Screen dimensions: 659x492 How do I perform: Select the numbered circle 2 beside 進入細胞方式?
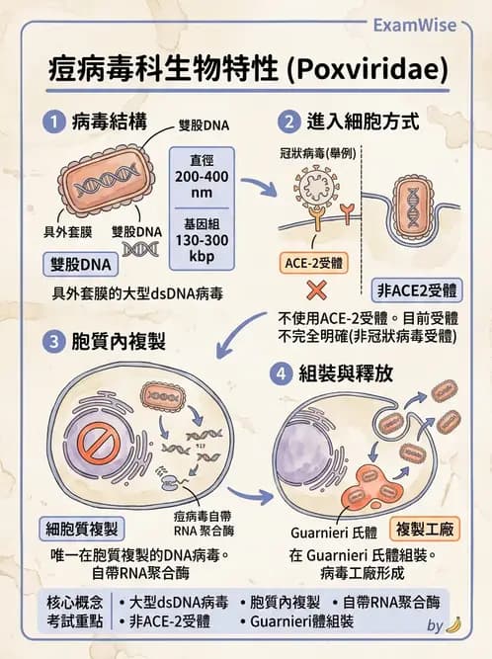click(288, 124)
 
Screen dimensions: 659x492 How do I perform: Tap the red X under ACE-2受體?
click(318, 290)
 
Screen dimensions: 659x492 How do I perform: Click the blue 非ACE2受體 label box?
click(416, 290)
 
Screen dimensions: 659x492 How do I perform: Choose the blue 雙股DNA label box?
click(80, 265)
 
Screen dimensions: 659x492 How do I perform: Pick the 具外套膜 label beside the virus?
click(67, 233)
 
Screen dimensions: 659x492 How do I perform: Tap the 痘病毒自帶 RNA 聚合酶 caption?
click(203, 521)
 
